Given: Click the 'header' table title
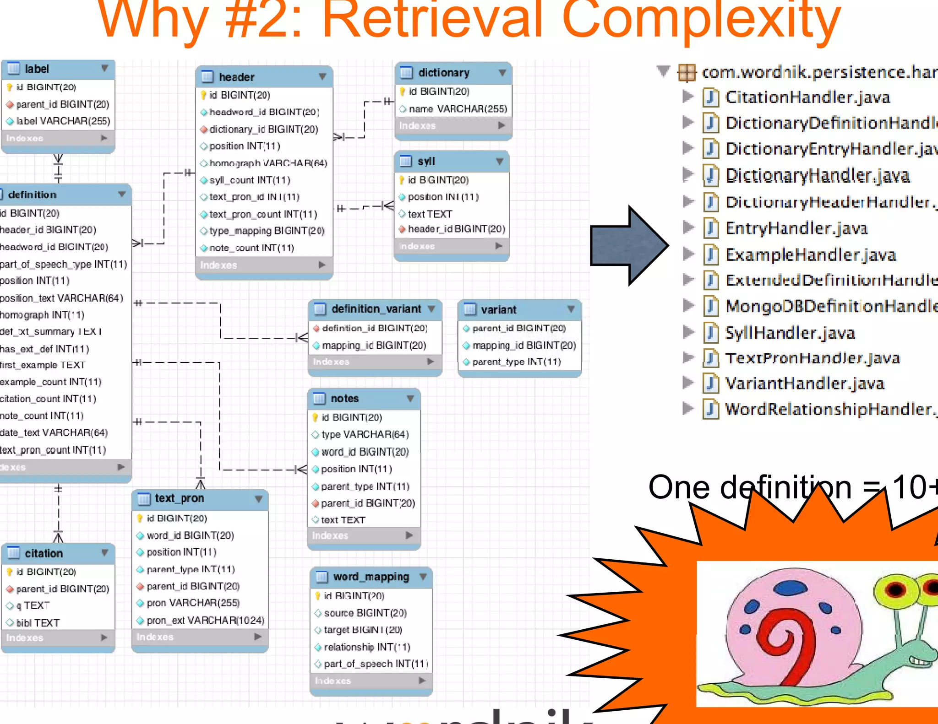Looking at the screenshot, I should coord(236,77).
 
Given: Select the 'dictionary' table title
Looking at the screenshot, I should coord(443,73).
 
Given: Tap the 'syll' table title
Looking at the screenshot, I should coord(426,161).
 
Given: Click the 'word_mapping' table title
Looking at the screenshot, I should coord(371,577).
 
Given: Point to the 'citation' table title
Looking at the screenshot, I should coord(44,553).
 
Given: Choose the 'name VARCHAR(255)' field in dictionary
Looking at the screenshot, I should coord(458,109).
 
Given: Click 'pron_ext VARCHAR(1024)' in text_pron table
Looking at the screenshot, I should coord(205,621).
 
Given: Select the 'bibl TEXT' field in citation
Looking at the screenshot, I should coord(38,623).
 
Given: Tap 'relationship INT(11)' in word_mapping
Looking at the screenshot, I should coord(367,647).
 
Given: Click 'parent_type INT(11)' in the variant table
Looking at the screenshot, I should coord(516,362).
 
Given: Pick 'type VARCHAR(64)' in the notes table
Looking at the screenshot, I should coord(365,434).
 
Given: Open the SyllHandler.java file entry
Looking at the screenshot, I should coord(790,333).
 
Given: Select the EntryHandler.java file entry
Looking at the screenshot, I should coord(796,228).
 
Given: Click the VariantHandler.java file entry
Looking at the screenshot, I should coord(804,383).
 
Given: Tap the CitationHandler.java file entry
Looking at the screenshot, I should coord(807,97).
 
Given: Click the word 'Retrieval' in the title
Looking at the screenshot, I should coord(431,21).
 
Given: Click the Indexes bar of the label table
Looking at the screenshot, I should coord(57,138).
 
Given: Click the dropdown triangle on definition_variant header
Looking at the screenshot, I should coord(431,309).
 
